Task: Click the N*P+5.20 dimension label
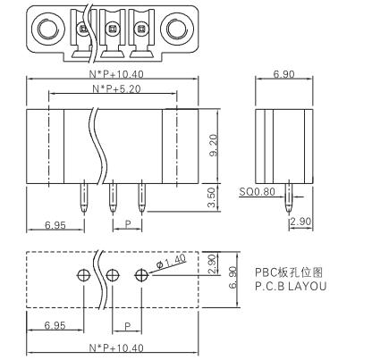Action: [116, 88]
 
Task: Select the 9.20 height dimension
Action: [214, 146]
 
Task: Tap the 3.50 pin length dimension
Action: [211, 197]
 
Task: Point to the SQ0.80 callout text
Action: [257, 192]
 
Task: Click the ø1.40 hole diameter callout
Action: [172, 262]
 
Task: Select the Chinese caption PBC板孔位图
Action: [289, 272]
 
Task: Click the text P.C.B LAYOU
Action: [291, 286]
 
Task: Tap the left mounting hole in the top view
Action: [47, 29]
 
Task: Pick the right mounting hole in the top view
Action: [176, 29]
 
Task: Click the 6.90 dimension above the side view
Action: [283, 74]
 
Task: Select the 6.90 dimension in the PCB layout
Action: [232, 277]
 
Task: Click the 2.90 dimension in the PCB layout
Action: [212, 264]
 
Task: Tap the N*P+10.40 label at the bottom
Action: [116, 347]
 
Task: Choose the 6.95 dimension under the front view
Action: [55, 225]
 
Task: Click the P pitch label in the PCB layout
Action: [128, 326]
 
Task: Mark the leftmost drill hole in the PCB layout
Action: [84, 275]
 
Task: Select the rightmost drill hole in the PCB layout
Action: [141, 275]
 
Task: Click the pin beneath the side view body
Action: [288, 197]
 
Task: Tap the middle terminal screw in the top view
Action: [113, 29]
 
